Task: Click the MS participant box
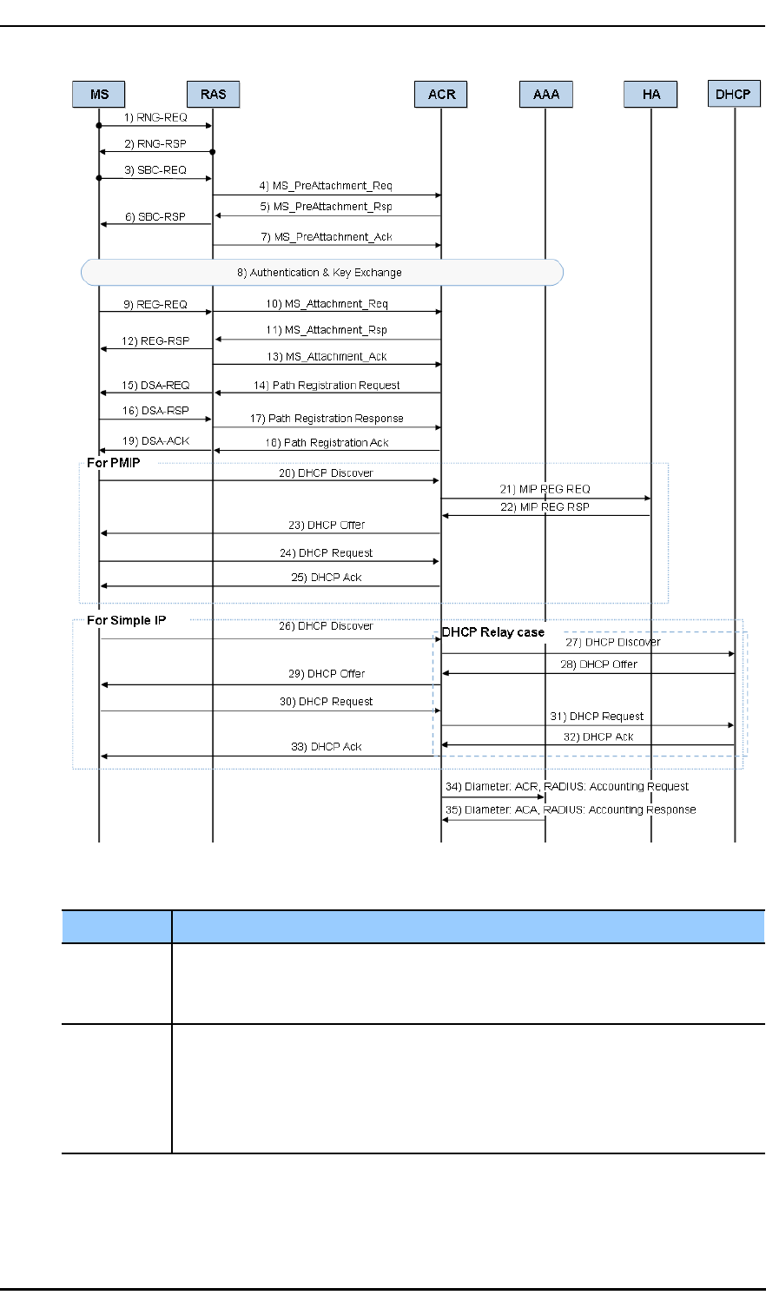[x=99, y=94]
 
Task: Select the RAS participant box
[x=213, y=94]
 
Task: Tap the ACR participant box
[x=441, y=94]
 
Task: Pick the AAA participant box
[x=545, y=94]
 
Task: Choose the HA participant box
[x=650, y=94]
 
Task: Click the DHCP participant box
[x=734, y=94]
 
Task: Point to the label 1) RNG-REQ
[x=155, y=116]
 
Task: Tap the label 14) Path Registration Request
[x=327, y=385]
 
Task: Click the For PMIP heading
[x=113, y=463]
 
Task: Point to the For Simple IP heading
[x=126, y=620]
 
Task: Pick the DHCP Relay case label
[x=492, y=632]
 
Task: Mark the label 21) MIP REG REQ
[x=545, y=489]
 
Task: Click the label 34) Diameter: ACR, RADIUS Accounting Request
[x=567, y=787]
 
